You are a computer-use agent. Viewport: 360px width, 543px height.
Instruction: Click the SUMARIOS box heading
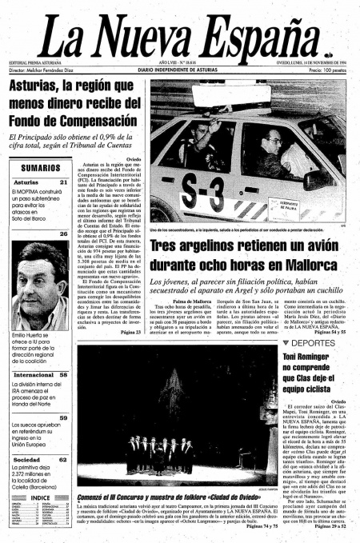coord(40,168)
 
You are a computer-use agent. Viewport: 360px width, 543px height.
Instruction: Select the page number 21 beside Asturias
coord(63,182)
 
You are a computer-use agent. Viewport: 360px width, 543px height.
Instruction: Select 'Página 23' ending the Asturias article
coord(130,331)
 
